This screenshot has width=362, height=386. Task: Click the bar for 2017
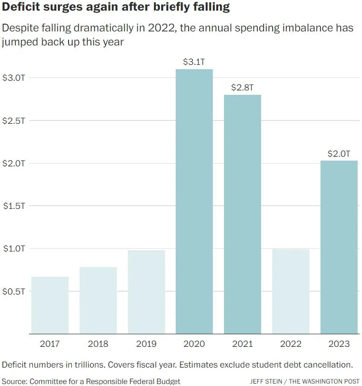50,305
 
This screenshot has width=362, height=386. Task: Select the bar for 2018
98,300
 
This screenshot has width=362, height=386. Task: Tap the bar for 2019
146,292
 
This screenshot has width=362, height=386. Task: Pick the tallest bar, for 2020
194,201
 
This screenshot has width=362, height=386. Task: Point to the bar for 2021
242,214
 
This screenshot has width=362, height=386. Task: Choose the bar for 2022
291,292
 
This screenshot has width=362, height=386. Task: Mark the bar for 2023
339,247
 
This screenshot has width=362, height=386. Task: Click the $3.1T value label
194,62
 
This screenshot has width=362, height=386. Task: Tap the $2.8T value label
242,88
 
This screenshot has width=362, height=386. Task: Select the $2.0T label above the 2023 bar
339,154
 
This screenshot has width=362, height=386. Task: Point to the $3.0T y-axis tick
14,77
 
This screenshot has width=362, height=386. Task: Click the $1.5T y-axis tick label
14,206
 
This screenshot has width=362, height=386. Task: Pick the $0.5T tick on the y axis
14,292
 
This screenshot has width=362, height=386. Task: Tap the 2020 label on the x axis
194,344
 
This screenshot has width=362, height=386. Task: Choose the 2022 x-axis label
291,344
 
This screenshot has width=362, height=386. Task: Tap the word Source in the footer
14,381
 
